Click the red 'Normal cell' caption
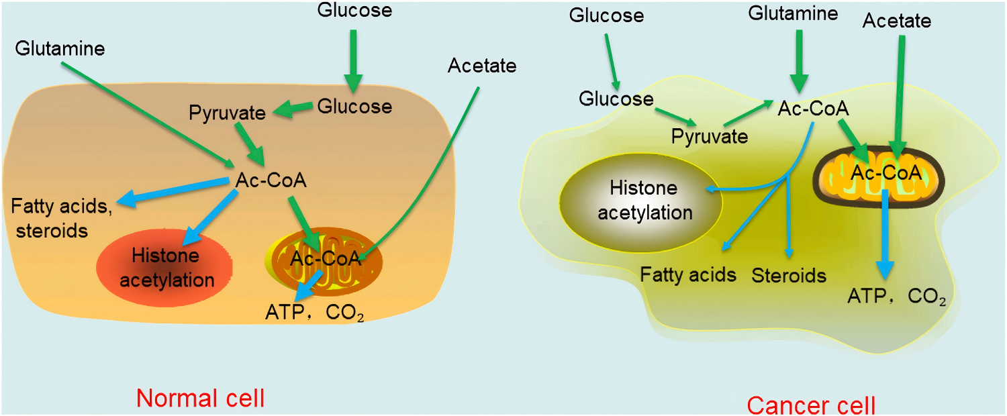200,399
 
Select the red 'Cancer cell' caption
811,405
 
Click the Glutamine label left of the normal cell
62,49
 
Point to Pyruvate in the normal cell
227,113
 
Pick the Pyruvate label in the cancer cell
710,137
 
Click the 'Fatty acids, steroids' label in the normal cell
60,217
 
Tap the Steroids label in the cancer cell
788,275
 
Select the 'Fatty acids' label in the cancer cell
688,275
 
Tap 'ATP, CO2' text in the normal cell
314,313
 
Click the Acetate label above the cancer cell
897,21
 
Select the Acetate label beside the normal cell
481,66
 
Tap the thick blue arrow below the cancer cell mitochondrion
885,235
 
